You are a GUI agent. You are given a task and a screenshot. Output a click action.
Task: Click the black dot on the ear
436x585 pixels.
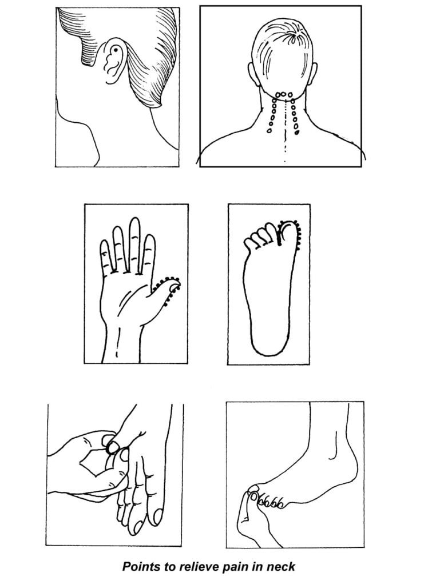[116, 50]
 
